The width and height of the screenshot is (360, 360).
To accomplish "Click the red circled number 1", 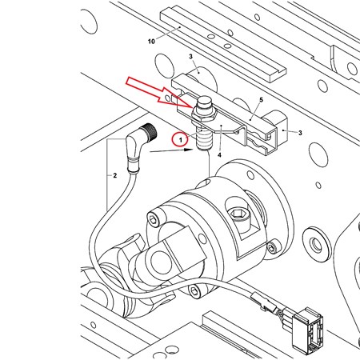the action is pos(181,140).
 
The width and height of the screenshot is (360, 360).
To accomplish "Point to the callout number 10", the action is pos(151,42).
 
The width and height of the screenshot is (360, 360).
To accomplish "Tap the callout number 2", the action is pos(114,175).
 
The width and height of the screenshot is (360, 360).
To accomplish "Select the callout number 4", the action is pos(219,155).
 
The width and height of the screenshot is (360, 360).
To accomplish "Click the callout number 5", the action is pos(261,100).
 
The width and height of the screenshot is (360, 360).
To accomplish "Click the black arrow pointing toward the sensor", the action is pos(171,150).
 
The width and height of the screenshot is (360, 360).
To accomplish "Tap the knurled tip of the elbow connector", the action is pos(150,131).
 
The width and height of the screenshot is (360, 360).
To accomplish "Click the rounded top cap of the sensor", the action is pos(204,102).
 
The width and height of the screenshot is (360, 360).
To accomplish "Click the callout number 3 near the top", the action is pos(190,57).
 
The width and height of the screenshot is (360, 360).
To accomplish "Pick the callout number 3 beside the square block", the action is pos(300,133).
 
